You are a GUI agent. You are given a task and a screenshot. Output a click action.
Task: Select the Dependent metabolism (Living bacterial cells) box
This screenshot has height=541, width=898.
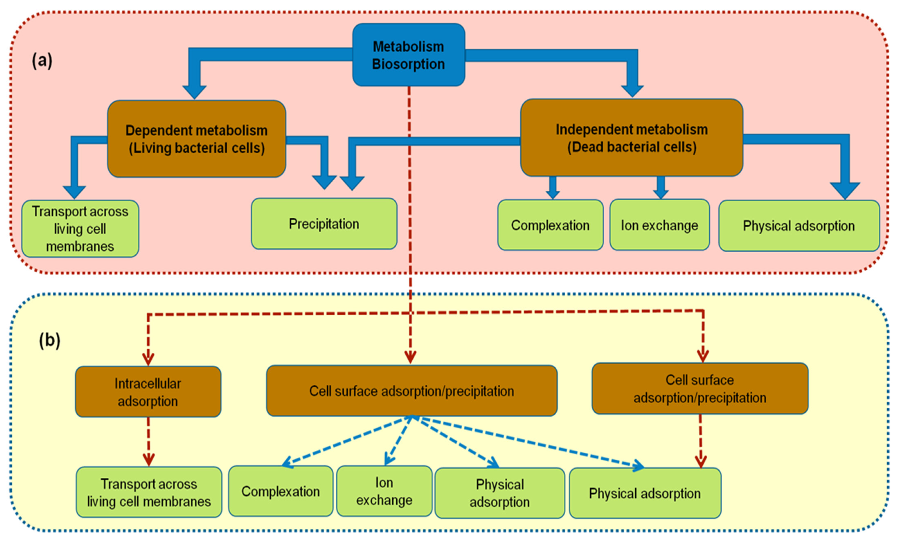point(196,139)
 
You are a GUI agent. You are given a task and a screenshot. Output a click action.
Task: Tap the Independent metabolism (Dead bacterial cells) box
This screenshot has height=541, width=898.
point(632,138)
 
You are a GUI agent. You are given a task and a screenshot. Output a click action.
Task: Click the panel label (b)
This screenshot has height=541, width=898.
point(50,340)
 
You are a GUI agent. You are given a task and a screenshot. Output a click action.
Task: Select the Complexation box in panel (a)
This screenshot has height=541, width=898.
point(550,225)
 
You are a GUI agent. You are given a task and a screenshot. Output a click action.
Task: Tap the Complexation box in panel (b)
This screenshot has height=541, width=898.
point(281,491)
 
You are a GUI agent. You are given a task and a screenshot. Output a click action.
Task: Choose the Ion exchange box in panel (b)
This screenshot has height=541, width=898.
point(384,491)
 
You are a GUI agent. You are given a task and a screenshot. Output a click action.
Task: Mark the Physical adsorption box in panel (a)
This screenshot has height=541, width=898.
point(799,226)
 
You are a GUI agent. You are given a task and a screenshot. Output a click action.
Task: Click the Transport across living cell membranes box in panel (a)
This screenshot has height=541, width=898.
point(80,229)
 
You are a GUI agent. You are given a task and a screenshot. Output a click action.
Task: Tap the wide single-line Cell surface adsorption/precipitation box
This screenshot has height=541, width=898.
point(412,391)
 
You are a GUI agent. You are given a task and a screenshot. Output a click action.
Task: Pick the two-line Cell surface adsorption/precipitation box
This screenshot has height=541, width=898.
point(700,389)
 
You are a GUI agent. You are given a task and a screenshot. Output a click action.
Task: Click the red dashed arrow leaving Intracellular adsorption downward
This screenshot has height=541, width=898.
point(148,441)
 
